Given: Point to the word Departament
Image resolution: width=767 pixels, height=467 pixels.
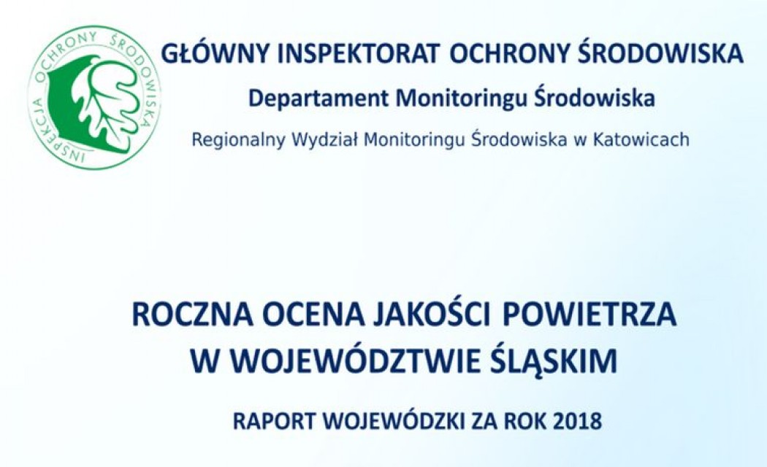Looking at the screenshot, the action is (318, 99).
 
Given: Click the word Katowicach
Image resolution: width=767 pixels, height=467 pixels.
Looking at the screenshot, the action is (641, 140).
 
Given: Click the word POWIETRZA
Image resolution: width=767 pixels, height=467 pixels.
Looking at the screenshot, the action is (589, 315).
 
